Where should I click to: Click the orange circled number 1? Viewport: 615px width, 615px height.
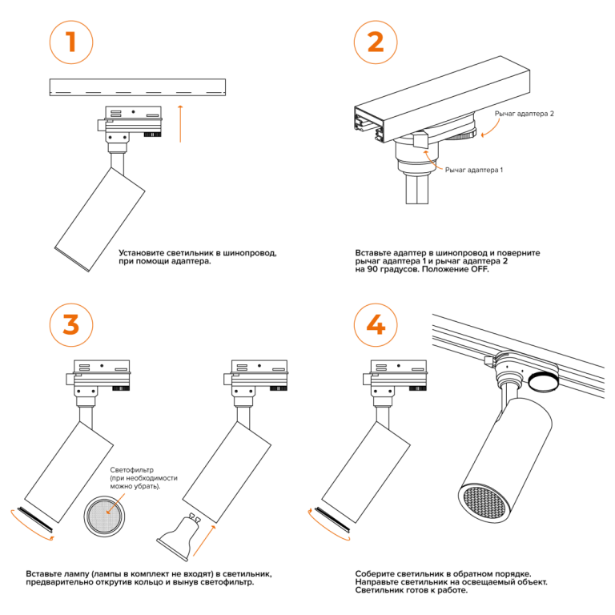tap(71, 42)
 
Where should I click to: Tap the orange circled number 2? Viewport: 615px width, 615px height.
tap(374, 42)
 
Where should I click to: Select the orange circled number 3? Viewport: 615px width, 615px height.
tap(71, 325)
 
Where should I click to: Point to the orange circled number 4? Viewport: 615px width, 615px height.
tap(374, 325)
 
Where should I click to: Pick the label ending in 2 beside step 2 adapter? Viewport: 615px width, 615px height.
tap(525, 115)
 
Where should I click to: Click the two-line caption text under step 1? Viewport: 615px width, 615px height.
tap(197, 257)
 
